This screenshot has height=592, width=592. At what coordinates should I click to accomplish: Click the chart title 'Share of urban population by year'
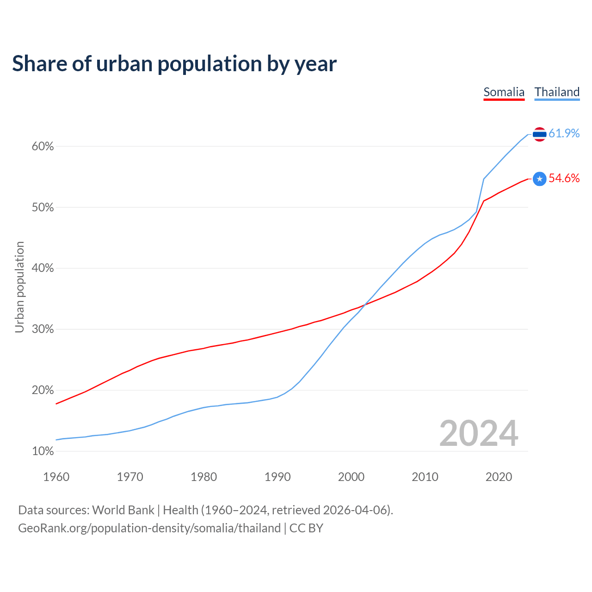tap(174, 64)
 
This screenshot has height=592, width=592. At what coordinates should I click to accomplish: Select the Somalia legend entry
tap(504, 92)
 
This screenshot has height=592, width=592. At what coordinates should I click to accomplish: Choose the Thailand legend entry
tap(557, 92)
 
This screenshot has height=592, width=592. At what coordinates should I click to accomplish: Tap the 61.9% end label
tap(564, 134)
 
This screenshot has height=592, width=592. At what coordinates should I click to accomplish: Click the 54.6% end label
tap(564, 179)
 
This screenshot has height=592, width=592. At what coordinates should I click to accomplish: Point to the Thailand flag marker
tap(539, 134)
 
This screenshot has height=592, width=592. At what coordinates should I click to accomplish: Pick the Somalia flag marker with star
tap(539, 179)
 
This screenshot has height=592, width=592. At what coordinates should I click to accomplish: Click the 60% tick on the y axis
tap(43, 147)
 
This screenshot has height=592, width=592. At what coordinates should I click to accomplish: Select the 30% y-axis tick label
tap(43, 329)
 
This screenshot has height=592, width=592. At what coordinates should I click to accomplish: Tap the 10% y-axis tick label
tap(43, 451)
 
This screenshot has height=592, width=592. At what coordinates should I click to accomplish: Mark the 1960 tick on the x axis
tap(56, 477)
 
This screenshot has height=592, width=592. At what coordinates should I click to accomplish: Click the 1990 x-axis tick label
tap(277, 477)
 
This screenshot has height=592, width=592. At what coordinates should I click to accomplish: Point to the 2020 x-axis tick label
tap(499, 477)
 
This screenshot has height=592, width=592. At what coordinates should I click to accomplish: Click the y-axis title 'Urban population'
tap(19, 287)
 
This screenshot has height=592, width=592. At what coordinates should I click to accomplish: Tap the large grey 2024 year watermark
tap(478, 433)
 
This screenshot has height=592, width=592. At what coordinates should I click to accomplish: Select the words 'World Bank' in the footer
tap(123, 510)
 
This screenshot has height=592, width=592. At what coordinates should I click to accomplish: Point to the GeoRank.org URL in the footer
tap(149, 528)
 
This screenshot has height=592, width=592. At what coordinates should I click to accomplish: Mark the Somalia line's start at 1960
tap(56, 404)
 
